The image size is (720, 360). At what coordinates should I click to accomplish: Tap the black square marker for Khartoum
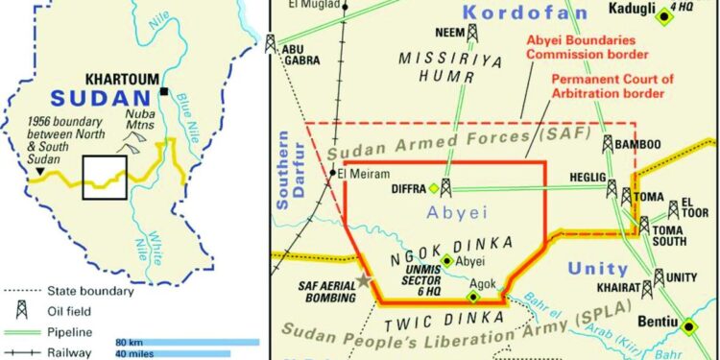166,91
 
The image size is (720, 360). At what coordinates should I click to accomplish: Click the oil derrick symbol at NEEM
471,34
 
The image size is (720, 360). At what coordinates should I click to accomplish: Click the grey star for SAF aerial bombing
364,280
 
